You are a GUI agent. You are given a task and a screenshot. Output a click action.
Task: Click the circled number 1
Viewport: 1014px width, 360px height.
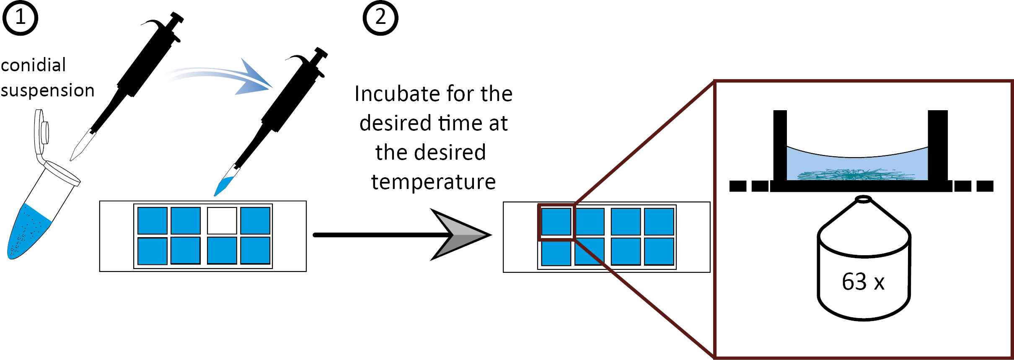pos(20,18)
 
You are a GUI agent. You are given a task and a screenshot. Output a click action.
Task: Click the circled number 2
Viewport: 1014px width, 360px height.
pos(380,18)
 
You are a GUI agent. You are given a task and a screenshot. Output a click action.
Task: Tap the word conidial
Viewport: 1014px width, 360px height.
pos(34,65)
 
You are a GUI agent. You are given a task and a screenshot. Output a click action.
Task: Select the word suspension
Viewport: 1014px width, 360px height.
pos(47,91)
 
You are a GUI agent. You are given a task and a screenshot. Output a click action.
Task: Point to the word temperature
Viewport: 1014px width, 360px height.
pos(433,182)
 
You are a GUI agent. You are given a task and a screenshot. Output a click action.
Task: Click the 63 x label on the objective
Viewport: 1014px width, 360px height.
pos(863,282)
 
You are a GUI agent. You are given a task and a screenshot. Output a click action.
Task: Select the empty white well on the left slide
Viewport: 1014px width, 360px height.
pos(222,220)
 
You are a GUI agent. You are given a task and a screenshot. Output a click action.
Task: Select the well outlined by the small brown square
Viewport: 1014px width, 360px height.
pos(556,222)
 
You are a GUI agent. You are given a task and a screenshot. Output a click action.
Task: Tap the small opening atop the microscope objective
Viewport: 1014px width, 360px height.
pos(863,199)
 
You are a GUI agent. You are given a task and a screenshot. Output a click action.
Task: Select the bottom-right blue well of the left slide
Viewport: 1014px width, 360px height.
pos(255,251)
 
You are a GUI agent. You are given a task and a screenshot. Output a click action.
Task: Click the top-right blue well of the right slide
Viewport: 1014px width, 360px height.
pos(659,222)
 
